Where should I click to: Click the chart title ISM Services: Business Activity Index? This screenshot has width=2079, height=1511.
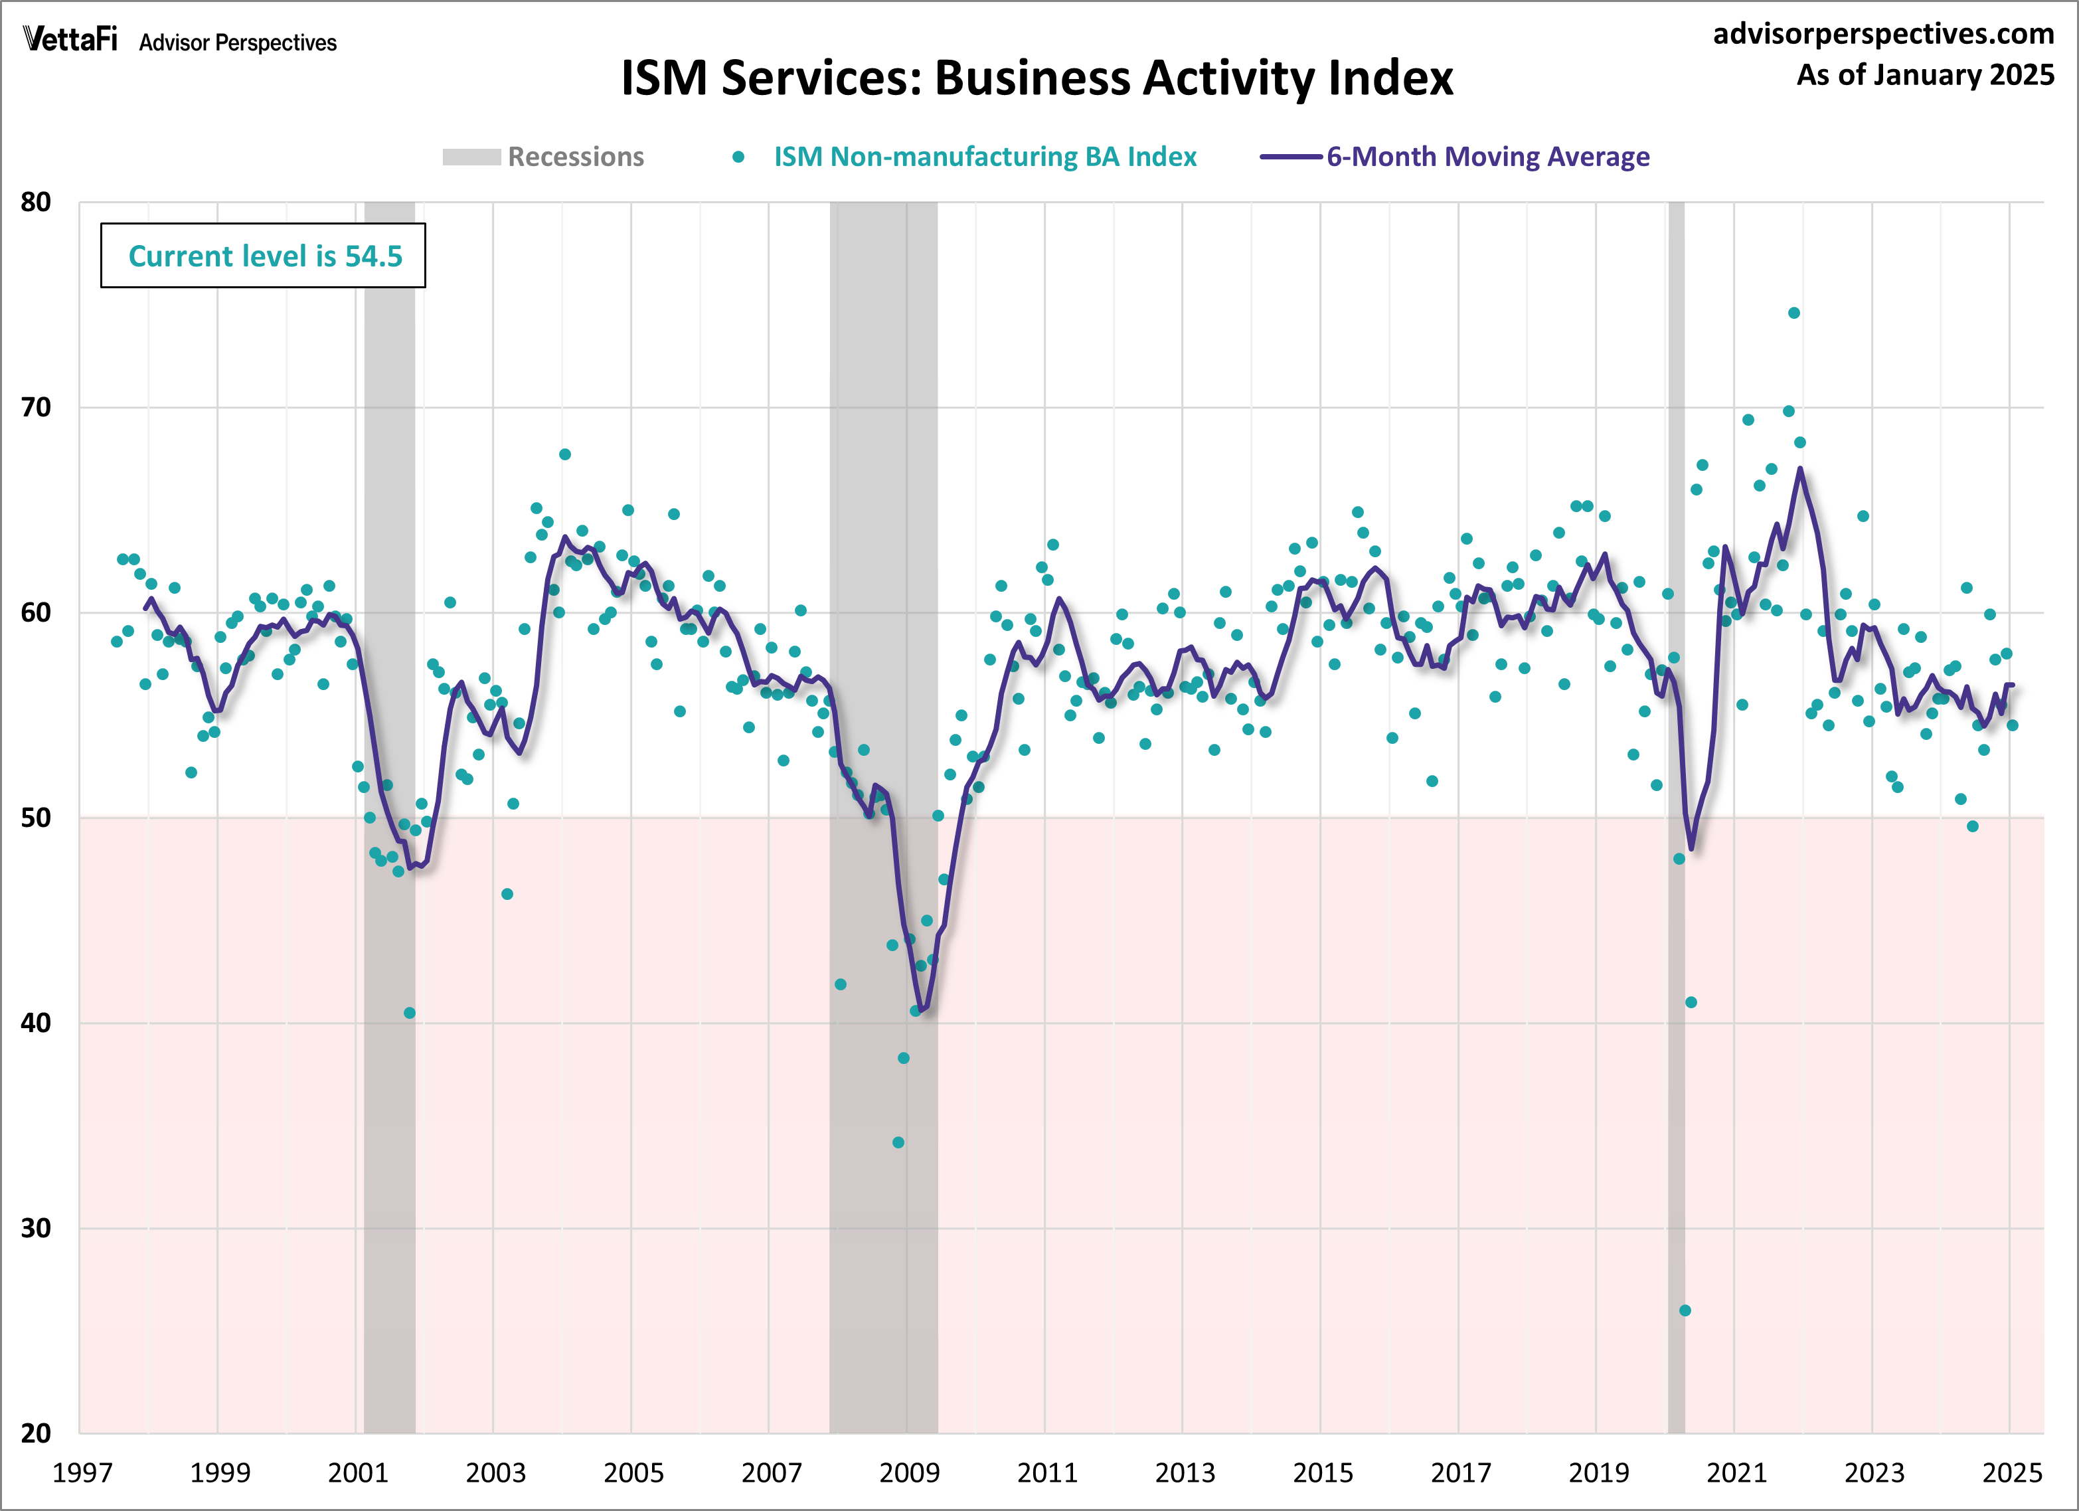pos(1037,78)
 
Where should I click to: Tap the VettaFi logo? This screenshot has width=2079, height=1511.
pos(70,39)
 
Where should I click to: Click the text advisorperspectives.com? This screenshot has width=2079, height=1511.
pos(1883,34)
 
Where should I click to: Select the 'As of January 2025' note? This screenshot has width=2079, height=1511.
pos(1925,74)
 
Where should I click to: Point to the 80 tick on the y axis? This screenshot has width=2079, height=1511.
pos(36,203)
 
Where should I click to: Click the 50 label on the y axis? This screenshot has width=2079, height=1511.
pos(36,818)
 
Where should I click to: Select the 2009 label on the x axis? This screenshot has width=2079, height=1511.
pos(908,1473)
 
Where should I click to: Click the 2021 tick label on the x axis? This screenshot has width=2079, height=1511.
pos(1735,1473)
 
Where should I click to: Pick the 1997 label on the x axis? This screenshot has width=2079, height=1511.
pos(82,1473)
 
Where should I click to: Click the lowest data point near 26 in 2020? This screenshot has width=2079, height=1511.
pos(1685,1310)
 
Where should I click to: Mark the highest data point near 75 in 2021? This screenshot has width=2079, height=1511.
pos(1794,313)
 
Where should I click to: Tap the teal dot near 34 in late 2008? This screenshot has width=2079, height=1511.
pos(898,1142)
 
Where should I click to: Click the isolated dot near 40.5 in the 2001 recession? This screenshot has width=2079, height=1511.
pos(410,1013)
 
